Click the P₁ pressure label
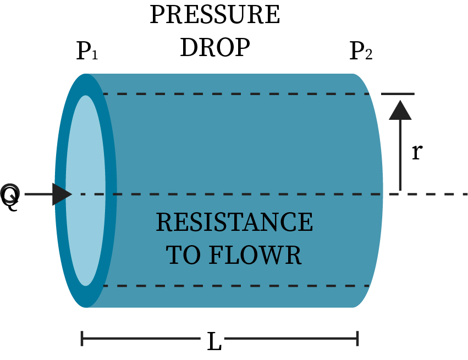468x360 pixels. pyautogui.click(x=87, y=51)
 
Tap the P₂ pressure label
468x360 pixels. pyautogui.click(x=361, y=51)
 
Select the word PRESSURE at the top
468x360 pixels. pyautogui.click(x=214, y=15)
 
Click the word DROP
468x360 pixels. pyautogui.click(x=214, y=48)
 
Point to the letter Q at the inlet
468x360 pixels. pyautogui.click(x=10, y=195)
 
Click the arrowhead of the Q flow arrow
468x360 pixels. pyautogui.click(x=62, y=194)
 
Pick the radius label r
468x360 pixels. pyautogui.click(x=417, y=152)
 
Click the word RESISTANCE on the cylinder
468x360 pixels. pyautogui.click(x=234, y=223)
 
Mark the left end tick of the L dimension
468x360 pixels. pyautogui.click(x=82, y=339)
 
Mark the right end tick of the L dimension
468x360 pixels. pyautogui.click(x=358, y=339)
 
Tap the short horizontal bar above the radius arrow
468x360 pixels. pyautogui.click(x=397, y=94)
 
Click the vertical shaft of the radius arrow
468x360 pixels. pyautogui.click(x=400, y=159)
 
